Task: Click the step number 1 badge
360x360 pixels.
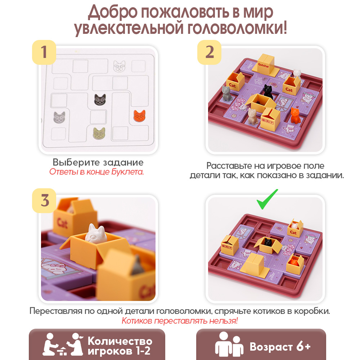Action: click(44, 52)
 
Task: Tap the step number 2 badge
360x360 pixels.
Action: click(209, 52)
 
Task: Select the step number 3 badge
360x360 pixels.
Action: click(44, 201)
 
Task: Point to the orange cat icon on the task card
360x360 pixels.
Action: click(140, 116)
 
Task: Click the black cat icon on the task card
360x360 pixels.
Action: click(100, 100)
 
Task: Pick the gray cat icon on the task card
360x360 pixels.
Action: click(59, 117)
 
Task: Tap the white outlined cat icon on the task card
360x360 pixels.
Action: click(120, 66)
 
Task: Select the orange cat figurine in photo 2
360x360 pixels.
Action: click(296, 115)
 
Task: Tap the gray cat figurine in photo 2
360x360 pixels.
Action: click(226, 93)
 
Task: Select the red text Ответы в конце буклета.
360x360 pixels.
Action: click(96, 172)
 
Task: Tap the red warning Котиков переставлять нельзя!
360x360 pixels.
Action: click(180, 320)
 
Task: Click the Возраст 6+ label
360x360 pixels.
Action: click(280, 346)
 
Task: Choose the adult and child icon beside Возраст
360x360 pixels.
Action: click(229, 345)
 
